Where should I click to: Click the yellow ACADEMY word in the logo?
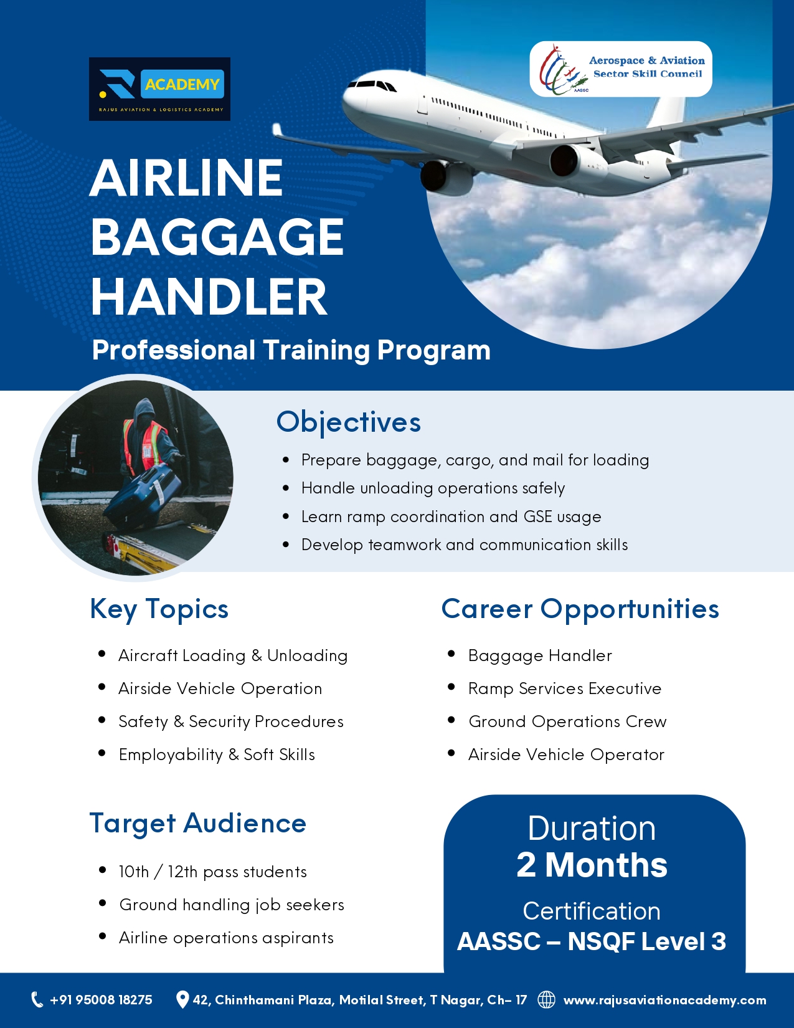tap(182, 84)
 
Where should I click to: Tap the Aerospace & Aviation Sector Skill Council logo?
tap(620, 69)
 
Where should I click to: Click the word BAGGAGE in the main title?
tap(217, 237)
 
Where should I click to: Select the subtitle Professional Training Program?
tap(291, 350)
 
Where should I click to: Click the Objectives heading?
tap(349, 422)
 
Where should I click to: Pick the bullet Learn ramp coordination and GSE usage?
tap(451, 516)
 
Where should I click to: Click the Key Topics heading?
tap(159, 609)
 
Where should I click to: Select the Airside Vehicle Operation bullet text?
tap(220, 689)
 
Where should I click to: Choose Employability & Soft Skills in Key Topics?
tap(217, 754)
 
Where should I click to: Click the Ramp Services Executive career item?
tap(565, 689)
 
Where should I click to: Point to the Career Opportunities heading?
tap(580, 609)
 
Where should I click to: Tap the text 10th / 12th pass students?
tap(213, 872)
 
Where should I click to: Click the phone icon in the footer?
tap(37, 999)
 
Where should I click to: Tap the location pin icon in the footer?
tap(182, 999)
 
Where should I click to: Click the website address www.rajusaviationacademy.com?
tap(665, 1000)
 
